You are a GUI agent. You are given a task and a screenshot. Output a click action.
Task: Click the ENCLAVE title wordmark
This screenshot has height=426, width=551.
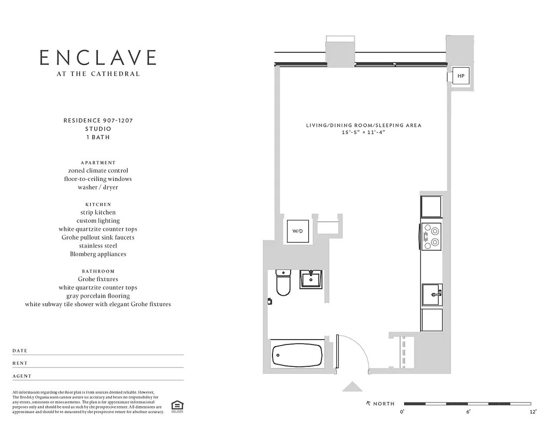[98, 58]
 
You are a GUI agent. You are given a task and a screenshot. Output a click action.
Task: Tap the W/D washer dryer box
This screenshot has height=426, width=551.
[297, 231]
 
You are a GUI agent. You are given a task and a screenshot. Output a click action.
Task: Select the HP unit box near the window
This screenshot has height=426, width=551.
[460, 76]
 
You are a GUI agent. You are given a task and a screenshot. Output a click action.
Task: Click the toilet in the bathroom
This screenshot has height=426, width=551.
[283, 283]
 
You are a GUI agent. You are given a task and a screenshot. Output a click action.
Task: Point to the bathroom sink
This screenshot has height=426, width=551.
[310, 278]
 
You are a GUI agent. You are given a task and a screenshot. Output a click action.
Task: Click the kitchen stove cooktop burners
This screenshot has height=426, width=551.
[431, 236]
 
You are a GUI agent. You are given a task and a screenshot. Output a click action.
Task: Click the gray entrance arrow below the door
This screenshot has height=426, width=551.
[352, 387]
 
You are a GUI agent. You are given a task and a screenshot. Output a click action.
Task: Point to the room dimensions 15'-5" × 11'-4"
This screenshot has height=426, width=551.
[364, 132]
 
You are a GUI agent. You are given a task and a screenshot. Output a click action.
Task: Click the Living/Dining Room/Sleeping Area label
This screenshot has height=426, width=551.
[364, 125]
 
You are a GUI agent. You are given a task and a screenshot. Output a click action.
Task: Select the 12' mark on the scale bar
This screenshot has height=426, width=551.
[533, 412]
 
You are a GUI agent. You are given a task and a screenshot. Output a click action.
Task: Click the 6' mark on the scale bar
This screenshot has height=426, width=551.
[468, 412]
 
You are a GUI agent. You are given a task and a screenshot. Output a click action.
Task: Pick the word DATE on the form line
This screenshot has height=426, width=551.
[20, 351]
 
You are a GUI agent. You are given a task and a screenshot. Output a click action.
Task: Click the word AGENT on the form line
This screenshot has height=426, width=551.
[22, 376]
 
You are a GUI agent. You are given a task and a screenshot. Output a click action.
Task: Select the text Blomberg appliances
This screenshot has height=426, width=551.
[98, 254]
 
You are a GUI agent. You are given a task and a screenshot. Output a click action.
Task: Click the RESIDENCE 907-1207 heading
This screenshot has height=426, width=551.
[98, 120]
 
